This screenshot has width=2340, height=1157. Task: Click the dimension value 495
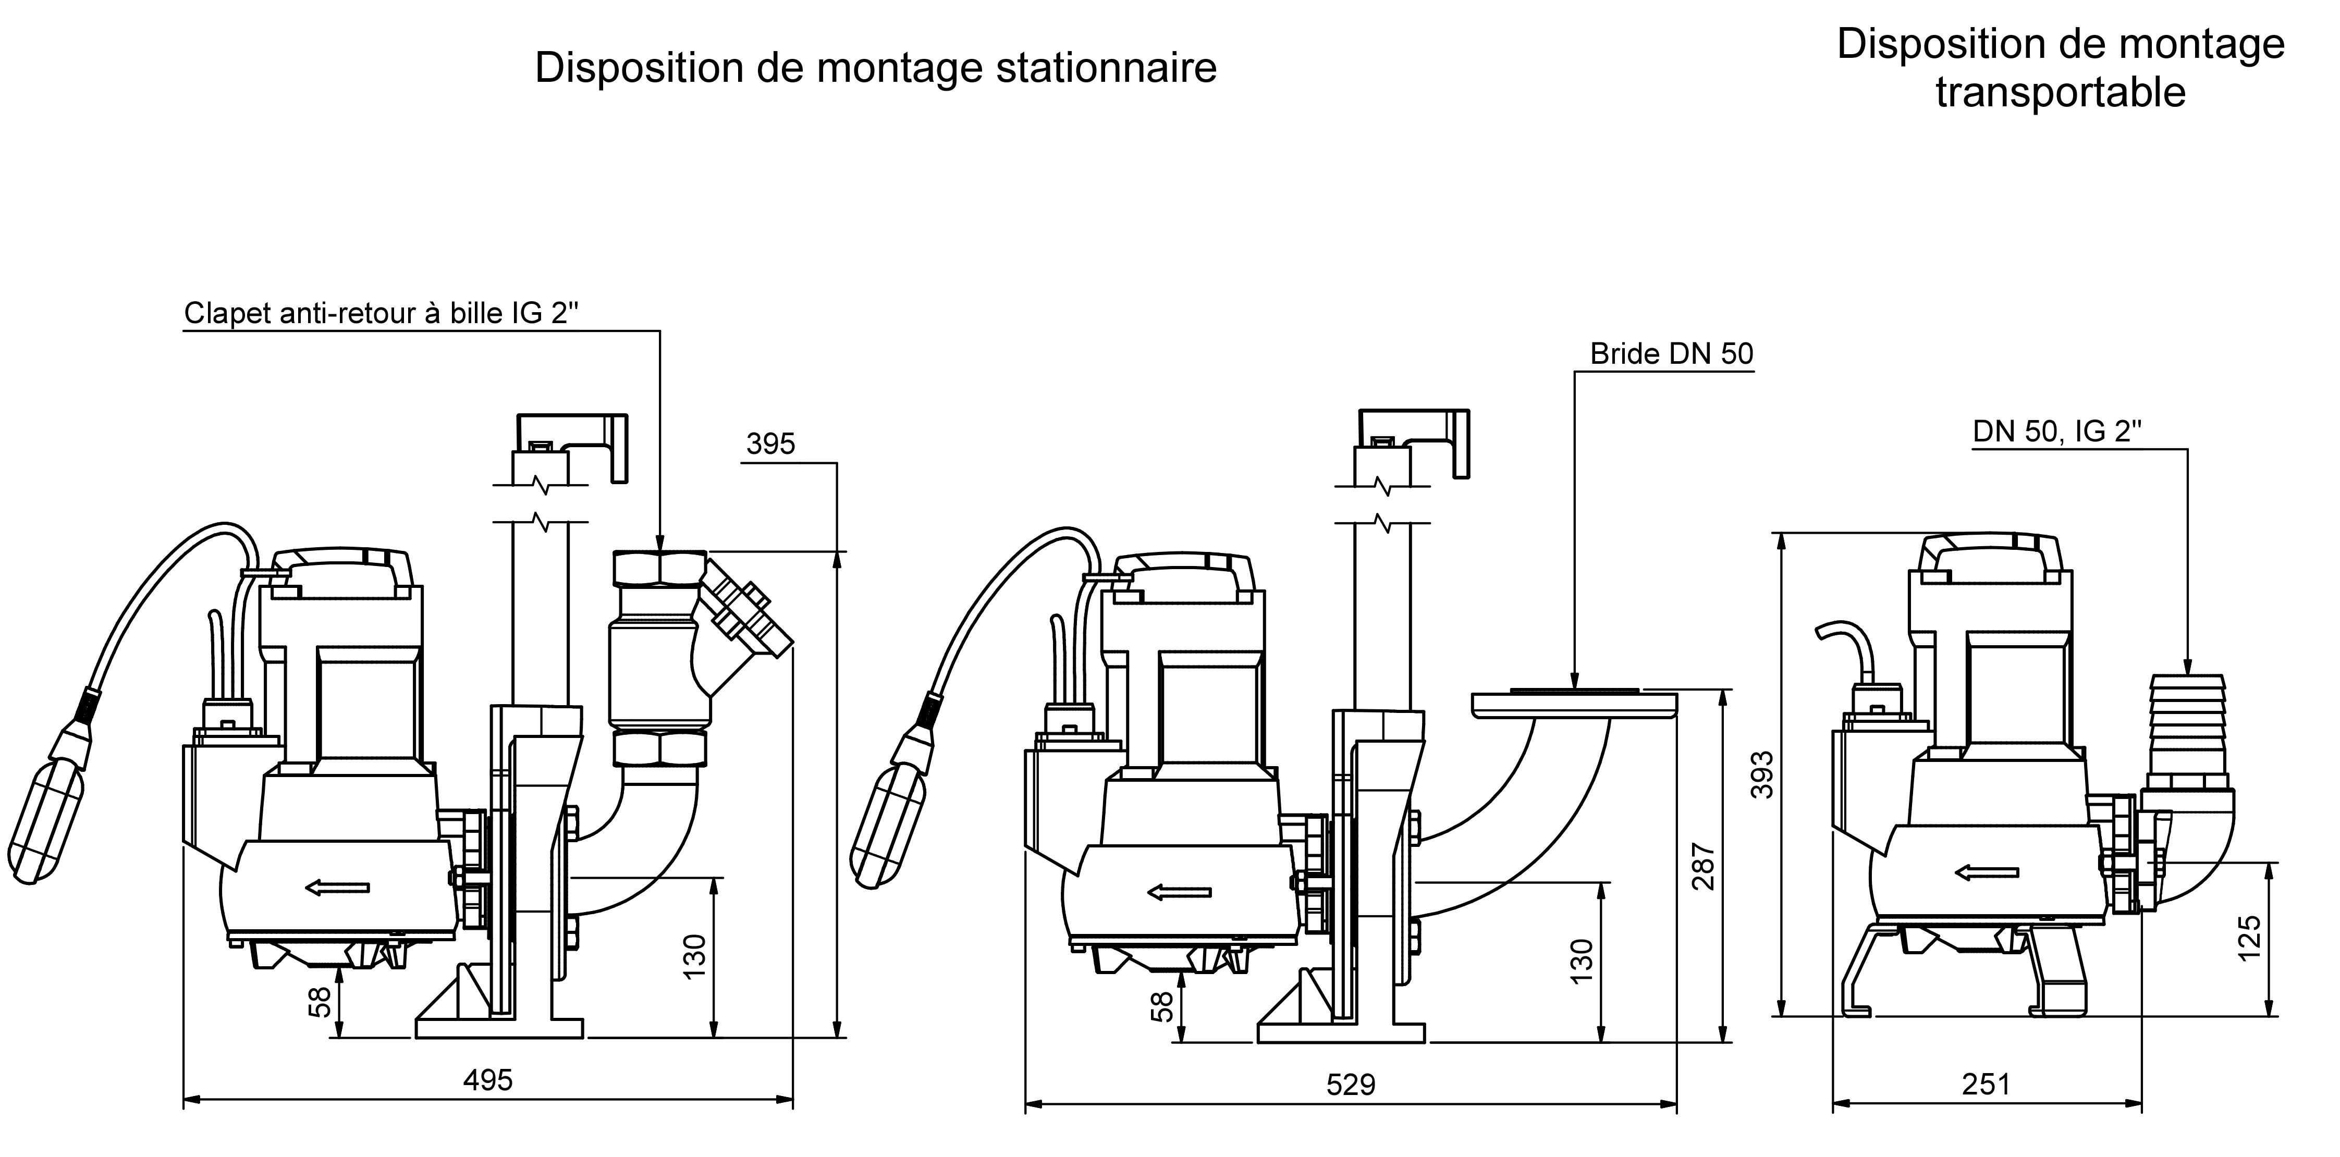pyautogui.click(x=488, y=1080)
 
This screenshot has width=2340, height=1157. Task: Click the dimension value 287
pyautogui.click(x=1704, y=867)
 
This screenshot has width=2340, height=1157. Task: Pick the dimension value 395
pyautogui.click(x=770, y=444)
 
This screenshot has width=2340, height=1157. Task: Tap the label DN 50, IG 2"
pyautogui.click(x=2056, y=432)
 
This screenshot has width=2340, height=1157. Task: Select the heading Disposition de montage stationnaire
pyautogui.click(x=876, y=68)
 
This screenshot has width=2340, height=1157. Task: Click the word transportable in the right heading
pyautogui.click(x=2060, y=93)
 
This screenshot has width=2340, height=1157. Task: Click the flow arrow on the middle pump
pyautogui.click(x=1179, y=892)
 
